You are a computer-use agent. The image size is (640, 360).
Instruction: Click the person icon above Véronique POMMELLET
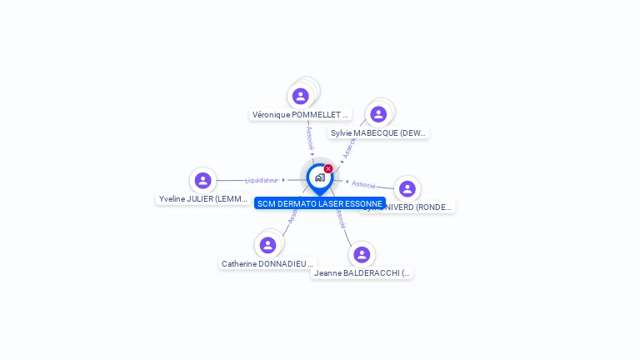click(x=301, y=97)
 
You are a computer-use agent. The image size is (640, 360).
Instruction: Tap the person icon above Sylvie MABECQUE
click(x=378, y=114)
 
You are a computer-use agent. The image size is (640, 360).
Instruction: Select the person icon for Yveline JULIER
click(x=202, y=180)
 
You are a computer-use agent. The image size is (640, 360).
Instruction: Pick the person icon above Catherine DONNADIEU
click(x=267, y=245)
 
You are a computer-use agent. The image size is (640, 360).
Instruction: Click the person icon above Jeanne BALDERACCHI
click(x=361, y=254)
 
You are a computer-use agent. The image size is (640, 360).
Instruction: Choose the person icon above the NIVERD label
click(x=407, y=189)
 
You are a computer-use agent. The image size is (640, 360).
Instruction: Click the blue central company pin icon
click(x=319, y=177)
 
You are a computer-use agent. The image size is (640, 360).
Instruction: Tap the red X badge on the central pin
click(x=328, y=169)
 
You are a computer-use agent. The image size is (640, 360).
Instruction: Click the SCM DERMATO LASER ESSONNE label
click(x=319, y=203)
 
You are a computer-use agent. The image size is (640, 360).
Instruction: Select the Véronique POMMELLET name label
click(x=300, y=115)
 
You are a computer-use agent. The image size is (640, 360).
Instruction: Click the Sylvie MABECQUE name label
click(x=378, y=132)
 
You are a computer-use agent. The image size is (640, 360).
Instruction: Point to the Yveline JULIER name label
click(x=202, y=199)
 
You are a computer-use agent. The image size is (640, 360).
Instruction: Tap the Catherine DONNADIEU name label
click(x=267, y=263)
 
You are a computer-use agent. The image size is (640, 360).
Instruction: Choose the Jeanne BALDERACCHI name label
click(x=362, y=272)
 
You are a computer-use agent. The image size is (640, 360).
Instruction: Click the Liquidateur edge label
click(x=262, y=180)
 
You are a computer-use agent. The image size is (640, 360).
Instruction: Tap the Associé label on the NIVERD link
click(x=364, y=183)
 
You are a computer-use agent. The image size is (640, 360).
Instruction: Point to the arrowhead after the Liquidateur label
click(x=283, y=180)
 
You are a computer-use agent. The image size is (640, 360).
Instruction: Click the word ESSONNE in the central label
click(x=363, y=203)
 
